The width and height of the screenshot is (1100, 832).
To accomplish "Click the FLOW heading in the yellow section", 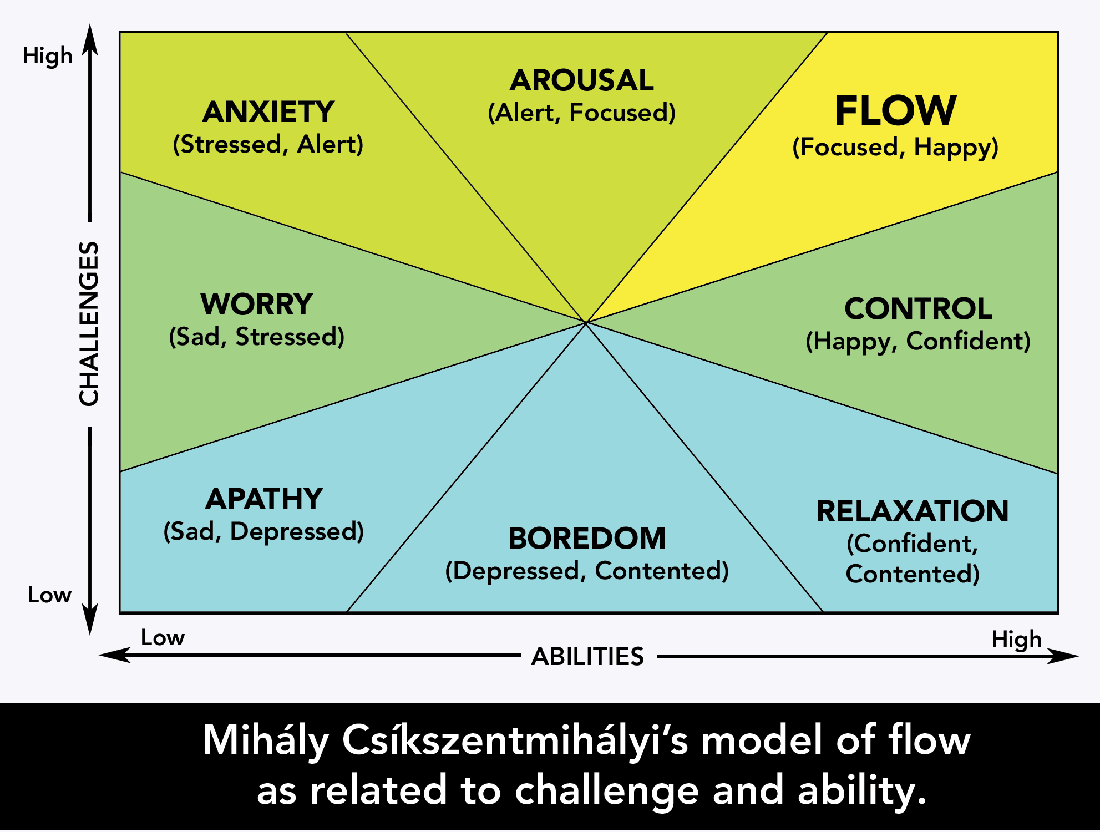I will click(895, 111).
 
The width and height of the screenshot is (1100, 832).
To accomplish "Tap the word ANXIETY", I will click(268, 112).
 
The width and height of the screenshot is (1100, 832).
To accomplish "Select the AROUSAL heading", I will click(582, 80).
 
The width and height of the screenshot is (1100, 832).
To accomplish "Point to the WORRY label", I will click(257, 305).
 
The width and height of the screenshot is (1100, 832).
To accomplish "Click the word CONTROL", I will click(918, 309).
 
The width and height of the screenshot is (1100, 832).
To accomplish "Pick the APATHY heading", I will click(264, 499).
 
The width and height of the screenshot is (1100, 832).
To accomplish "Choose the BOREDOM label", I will click(587, 539).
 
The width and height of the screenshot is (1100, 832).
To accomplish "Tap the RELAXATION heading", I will click(913, 511).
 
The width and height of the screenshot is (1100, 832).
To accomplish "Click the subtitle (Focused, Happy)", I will click(895, 148).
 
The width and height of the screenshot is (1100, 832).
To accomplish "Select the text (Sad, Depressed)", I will click(264, 531).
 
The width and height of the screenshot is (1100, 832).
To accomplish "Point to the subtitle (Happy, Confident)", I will click(918, 341).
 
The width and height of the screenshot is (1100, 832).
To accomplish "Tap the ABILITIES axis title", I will click(587, 657).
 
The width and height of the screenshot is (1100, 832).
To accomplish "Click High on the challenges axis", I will click(48, 56).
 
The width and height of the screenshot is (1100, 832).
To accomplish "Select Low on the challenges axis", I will click(49, 595).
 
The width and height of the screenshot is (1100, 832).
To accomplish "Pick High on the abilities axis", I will click(1016, 639).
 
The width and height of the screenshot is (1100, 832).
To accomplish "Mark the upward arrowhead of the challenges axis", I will click(90, 39).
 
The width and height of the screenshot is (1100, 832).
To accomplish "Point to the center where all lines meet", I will click(586, 322).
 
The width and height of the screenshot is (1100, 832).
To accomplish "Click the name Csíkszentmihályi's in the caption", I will click(515, 740).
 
